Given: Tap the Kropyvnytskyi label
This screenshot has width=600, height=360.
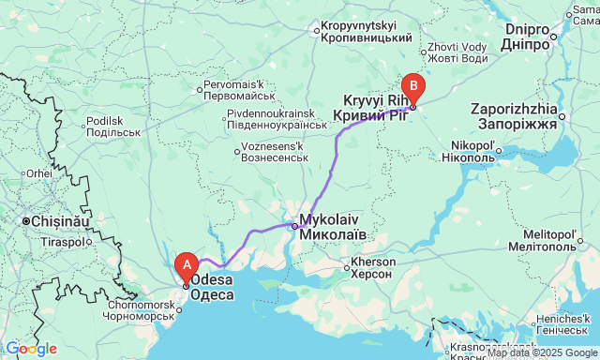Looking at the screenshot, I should [366, 32].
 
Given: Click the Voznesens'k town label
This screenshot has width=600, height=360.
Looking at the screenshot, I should [276, 152].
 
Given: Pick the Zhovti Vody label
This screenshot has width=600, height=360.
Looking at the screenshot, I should [457, 52].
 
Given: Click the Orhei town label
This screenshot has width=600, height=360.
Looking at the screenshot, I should [38, 173].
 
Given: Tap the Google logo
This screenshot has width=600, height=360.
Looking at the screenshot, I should [30, 349].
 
